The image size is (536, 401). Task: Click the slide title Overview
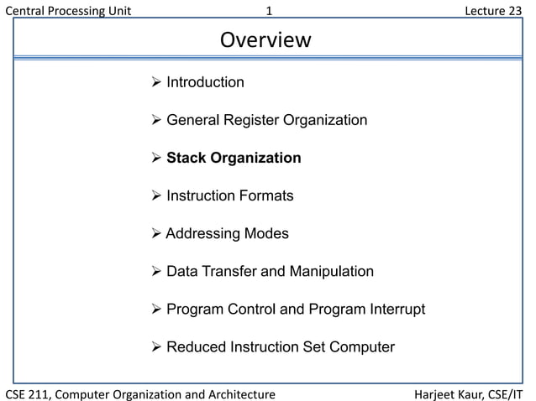tap(265, 40)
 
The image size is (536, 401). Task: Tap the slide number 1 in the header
tap(268, 11)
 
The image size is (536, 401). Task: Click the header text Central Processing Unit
tap(68, 11)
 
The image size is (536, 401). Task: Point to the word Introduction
tap(205, 82)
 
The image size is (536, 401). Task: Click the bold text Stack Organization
tap(234, 158)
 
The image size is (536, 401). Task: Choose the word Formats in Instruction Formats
tap(265, 196)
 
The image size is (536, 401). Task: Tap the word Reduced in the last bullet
tap(195, 347)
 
